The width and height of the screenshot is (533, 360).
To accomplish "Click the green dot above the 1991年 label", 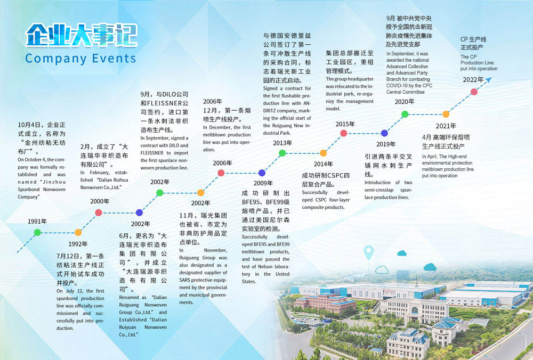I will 37,232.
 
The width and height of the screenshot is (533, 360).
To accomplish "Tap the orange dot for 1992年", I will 78,232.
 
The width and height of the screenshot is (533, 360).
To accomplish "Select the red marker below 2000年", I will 99,212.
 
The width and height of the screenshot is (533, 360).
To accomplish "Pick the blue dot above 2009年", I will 262,173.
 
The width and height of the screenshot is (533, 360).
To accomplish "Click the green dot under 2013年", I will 282,153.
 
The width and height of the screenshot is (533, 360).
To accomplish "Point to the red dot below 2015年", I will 344,133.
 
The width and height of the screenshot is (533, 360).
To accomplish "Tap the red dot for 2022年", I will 474,92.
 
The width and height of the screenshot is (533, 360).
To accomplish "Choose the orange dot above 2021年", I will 446,114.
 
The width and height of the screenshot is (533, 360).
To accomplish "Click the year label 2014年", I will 323,164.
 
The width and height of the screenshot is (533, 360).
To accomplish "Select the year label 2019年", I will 385,144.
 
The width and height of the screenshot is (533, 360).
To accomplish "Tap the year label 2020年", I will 405,102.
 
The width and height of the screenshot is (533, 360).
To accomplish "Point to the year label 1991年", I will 37,221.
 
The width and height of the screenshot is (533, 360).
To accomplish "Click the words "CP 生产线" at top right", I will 473,39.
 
